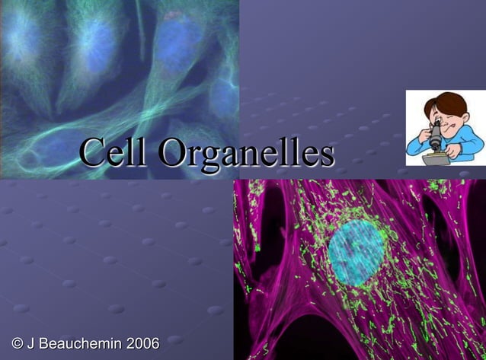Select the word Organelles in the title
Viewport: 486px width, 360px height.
[247, 155]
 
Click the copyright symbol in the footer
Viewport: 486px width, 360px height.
[17, 343]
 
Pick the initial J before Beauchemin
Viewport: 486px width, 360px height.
[32, 343]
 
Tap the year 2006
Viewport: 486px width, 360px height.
[142, 343]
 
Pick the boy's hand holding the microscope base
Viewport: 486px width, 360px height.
[449, 151]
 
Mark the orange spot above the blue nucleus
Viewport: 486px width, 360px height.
[174, 15]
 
